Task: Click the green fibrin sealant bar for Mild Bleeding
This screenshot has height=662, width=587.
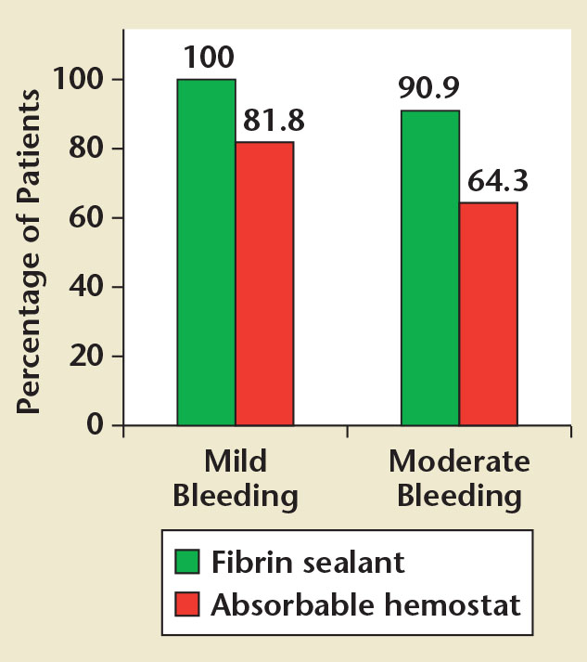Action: (206, 253)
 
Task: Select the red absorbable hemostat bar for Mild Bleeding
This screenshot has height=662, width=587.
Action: (264, 284)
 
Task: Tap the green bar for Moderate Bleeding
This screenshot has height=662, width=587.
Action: (429, 268)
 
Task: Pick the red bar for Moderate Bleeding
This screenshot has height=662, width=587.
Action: (488, 314)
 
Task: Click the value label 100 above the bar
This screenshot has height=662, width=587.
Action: (208, 58)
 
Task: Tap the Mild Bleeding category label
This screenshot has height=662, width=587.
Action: (236, 478)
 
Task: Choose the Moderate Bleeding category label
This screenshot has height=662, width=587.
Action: (459, 478)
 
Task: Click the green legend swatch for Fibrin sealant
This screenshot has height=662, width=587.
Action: (188, 563)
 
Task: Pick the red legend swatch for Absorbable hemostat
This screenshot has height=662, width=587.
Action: (188, 605)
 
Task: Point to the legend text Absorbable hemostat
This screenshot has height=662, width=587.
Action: (365, 605)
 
